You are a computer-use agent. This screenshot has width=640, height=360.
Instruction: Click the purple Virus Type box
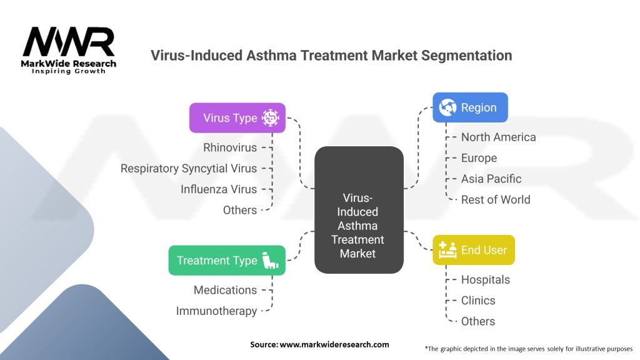237,118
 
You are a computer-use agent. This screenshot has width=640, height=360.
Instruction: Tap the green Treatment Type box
227,261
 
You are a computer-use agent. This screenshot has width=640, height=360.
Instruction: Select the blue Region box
470,107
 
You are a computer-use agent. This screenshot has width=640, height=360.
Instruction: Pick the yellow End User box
474,250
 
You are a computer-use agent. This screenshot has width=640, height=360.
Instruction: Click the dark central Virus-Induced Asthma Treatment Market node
359,210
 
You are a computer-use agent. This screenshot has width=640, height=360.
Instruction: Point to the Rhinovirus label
230,147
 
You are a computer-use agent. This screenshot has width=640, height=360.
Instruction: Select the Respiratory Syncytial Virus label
189,169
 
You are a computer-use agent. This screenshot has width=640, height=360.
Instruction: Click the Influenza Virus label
219,189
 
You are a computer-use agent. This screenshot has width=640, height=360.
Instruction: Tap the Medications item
225,290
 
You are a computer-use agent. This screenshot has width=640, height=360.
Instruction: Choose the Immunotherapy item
217,311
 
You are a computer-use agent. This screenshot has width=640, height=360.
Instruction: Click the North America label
498,137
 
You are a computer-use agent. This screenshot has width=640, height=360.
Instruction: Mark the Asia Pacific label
491,179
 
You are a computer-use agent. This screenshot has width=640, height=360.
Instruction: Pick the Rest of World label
496,199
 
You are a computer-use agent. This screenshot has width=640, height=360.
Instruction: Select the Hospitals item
485,279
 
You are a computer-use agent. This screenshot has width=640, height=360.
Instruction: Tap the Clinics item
478,301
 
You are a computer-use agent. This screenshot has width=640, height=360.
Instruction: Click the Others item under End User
478,321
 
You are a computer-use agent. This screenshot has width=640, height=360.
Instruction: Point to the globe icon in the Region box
447,107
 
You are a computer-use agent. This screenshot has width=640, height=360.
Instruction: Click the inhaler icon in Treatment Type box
270,261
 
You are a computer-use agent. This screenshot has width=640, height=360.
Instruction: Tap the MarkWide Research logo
69,50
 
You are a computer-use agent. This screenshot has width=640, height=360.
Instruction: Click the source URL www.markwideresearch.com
334,344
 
